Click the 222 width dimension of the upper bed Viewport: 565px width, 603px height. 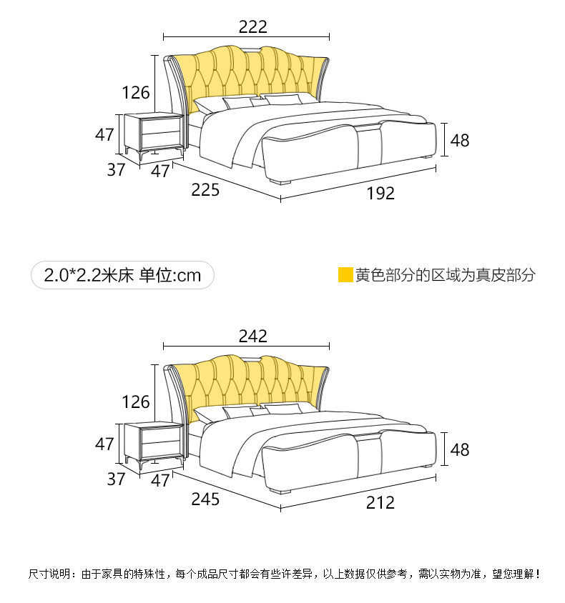pos(252,27)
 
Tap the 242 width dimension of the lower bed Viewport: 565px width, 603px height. pos(252,336)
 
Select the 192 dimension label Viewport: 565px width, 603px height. pos(380,193)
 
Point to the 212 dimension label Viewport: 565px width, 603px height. pos(380,502)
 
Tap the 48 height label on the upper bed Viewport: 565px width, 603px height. pos(460,140)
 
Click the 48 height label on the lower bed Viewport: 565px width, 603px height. pos(460,449)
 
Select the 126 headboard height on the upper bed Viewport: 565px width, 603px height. pos(136,92)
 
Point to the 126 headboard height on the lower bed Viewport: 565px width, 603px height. pos(136,402)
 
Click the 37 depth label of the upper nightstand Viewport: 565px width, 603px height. pos(116,170)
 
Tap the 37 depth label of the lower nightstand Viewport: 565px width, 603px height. pos(116,479)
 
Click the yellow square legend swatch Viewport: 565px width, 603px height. pos(345,275)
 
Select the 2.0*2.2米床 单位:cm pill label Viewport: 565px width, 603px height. pos(122,275)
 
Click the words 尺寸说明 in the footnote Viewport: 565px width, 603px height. pos(49,574)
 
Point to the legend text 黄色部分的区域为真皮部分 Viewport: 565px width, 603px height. pos(445,275)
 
